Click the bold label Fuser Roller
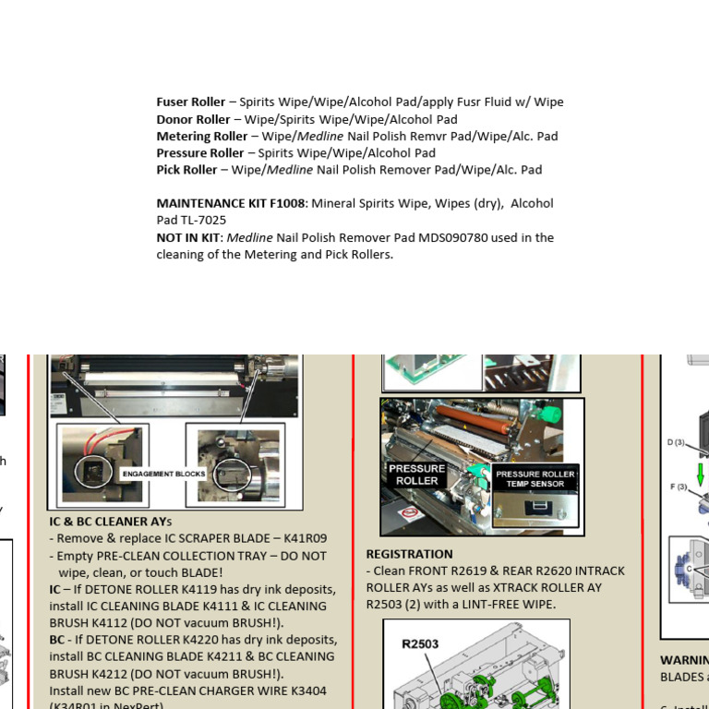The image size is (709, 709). pyautogui.click(x=191, y=102)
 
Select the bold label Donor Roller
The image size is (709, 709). pyautogui.click(x=193, y=119)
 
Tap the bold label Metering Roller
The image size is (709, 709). pyautogui.click(x=202, y=137)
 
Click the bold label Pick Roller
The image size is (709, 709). pyautogui.click(x=186, y=170)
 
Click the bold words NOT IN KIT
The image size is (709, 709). pyautogui.click(x=187, y=237)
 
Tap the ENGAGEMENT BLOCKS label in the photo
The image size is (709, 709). pyautogui.click(x=163, y=474)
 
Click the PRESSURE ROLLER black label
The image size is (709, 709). pyautogui.click(x=416, y=475)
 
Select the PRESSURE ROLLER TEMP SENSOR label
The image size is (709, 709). pyautogui.click(x=535, y=479)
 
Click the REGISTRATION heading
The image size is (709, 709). pyautogui.click(x=409, y=554)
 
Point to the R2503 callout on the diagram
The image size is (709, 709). pyautogui.click(x=420, y=644)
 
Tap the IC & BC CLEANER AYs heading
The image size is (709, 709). pyautogui.click(x=110, y=522)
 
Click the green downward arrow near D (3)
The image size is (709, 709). pyautogui.click(x=702, y=473)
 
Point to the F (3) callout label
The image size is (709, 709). pyautogui.click(x=679, y=487)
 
